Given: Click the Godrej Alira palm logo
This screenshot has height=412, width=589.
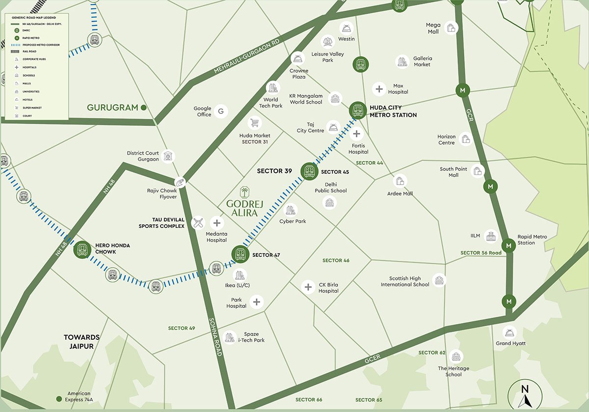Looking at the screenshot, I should coord(244,192).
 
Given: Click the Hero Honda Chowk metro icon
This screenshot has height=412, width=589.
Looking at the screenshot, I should coord(82,249).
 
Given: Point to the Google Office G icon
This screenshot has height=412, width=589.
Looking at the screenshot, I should coord(220,111).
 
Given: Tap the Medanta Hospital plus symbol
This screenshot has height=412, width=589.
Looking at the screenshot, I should coord(216,222).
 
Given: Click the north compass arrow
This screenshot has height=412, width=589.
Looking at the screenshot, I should coord(525,395).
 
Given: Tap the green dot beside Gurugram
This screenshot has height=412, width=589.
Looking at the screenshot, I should coord(144,107).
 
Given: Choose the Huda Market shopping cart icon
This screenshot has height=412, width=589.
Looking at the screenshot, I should coord(254,123).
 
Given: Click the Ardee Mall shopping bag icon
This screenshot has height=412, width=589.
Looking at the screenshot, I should coord(401,181).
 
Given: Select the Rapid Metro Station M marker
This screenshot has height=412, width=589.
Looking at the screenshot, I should coord(509,245).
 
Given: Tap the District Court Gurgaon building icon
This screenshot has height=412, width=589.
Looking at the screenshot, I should coord(168,156).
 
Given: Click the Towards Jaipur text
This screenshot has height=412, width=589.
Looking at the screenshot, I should coord(81,341).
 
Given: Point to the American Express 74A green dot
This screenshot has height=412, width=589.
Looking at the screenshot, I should coord(59,399).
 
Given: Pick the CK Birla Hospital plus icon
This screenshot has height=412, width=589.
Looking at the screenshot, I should coord(308,287).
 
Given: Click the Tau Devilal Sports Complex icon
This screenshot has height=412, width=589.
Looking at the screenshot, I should coord(198,223).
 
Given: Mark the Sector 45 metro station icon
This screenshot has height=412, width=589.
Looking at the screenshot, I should coord(309,171).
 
